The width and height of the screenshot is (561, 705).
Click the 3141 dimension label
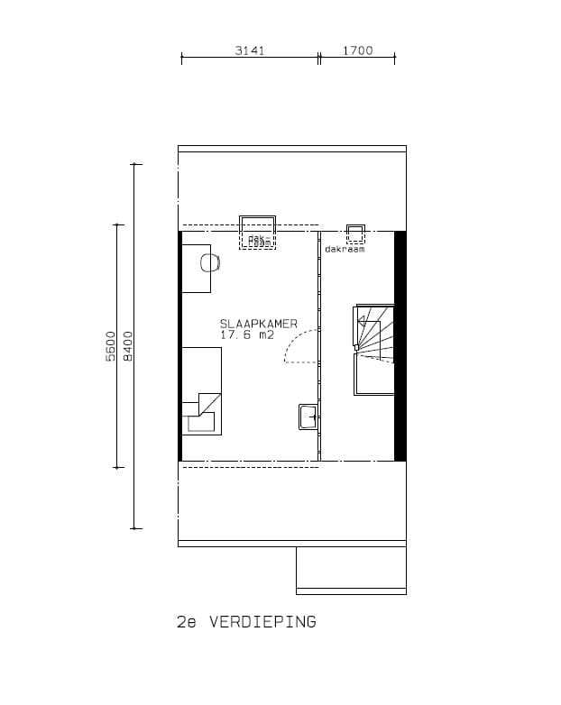[249, 50]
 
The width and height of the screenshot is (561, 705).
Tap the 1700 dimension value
[357, 50]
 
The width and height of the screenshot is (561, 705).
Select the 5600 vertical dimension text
[110, 346]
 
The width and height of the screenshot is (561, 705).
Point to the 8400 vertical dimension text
[127, 346]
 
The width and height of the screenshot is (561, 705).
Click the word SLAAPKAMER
[258, 324]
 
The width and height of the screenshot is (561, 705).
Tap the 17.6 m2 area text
[246, 335]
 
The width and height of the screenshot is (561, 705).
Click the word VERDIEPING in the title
[262, 622]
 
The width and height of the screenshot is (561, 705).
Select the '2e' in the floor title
[187, 622]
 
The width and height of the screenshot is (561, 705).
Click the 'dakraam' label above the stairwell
[345, 249]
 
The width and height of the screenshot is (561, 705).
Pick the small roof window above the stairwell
[355, 233]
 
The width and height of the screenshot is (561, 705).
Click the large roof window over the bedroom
[257, 231]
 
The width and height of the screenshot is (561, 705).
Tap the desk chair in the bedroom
[209, 262]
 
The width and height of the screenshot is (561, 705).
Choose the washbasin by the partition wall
[307, 417]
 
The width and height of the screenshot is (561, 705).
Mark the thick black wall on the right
[400, 345]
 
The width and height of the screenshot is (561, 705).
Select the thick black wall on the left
[180, 345]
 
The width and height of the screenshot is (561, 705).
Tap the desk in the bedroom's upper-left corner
[195, 268]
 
